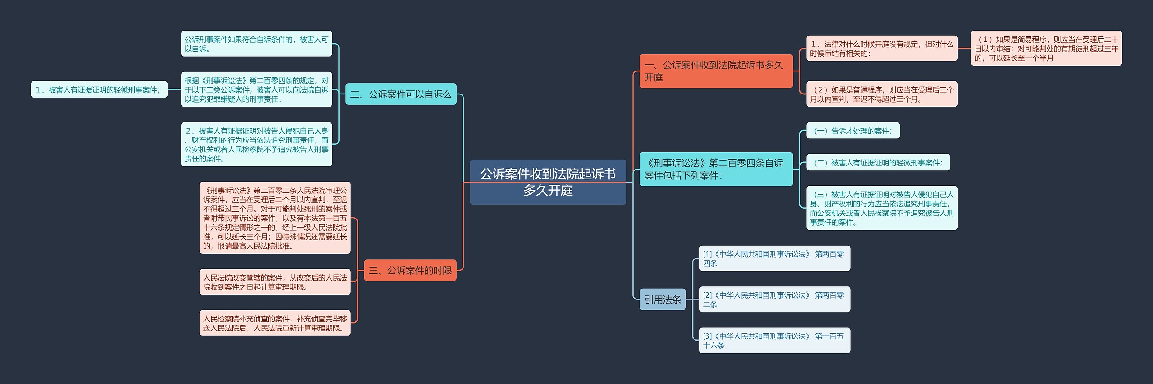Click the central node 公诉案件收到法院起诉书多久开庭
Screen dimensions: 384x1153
[548, 182]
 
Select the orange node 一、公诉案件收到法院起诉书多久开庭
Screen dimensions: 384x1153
[716, 71]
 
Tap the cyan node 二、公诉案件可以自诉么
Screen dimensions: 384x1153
[400, 94]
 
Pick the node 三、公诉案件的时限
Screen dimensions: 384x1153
[410, 270]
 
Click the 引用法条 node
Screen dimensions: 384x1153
[662, 299]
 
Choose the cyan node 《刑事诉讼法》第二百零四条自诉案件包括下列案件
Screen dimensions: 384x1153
[716, 169]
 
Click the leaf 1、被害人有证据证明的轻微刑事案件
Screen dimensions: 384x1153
[98, 89]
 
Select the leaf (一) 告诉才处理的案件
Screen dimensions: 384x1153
[852, 131]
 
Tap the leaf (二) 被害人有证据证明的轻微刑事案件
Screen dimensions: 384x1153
[877, 163]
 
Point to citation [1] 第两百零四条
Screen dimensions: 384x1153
[774, 259]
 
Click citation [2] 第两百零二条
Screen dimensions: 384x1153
[774, 299]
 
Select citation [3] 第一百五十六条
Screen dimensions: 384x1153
[774, 340]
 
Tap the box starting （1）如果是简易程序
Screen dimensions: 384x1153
[1046, 49]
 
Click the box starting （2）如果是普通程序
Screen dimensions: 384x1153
[881, 94]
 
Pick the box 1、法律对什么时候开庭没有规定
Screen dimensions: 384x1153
[881, 49]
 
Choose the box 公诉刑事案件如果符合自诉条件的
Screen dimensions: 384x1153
[256, 44]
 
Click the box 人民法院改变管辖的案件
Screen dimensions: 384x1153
[275, 282]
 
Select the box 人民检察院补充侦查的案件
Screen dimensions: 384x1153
[275, 323]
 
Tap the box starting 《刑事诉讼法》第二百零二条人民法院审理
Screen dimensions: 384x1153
[275, 218]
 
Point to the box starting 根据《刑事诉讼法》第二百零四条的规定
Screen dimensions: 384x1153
[256, 89]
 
